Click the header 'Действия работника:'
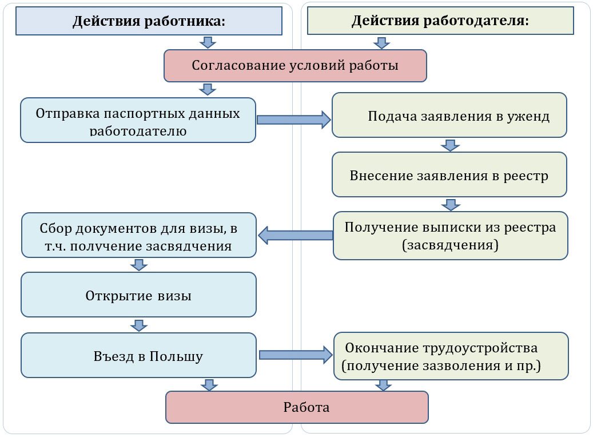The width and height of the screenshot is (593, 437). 149,21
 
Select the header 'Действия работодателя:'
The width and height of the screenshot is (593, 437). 440,21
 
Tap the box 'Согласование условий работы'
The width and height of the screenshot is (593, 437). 295,65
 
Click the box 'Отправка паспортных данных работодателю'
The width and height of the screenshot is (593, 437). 138,120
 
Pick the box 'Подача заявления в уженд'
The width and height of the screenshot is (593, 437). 449,116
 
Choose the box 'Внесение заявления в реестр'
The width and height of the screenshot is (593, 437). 449,175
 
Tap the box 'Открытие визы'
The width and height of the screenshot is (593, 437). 138,295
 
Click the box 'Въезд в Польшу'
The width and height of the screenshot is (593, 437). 138,356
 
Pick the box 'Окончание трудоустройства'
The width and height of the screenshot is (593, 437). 451,356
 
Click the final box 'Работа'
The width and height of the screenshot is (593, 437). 297,407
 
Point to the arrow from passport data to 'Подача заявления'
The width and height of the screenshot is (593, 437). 293,120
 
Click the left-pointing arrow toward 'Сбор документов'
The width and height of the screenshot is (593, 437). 295,235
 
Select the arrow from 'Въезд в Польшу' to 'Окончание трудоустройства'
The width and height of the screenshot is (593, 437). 295,355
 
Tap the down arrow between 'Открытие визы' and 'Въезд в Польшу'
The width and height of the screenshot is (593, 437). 138,325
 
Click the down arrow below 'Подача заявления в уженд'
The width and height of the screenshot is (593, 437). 450,145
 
